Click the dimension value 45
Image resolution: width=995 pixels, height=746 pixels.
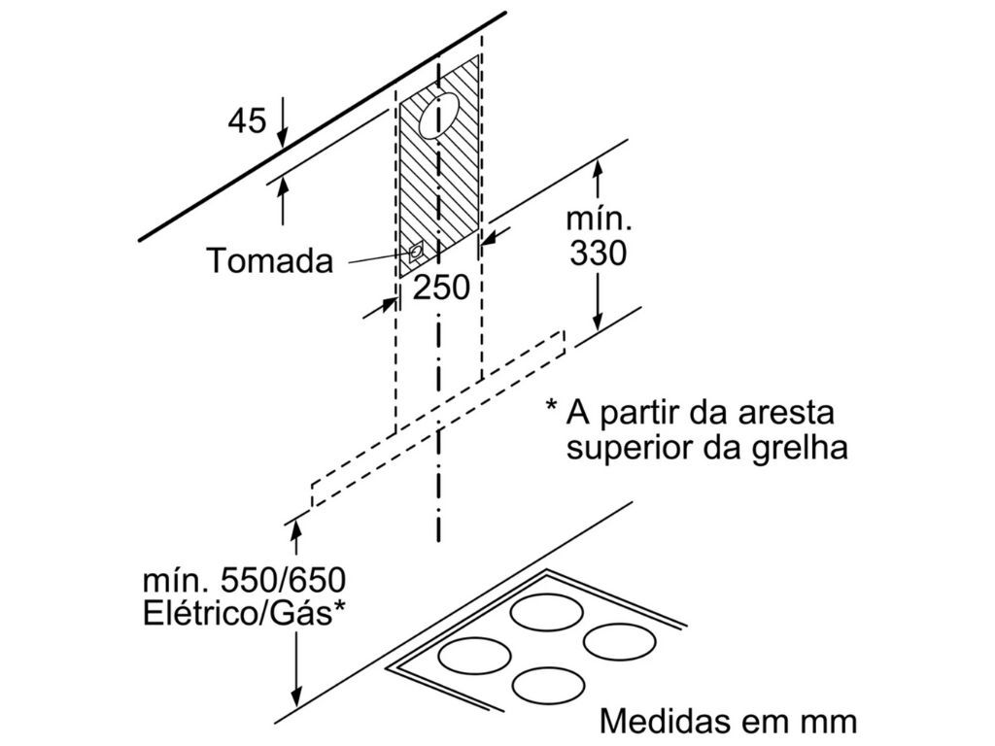pyautogui.click(x=247, y=121)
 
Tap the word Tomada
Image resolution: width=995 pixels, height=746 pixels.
pyautogui.click(x=268, y=260)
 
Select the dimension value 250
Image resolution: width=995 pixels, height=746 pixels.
pyautogui.click(x=442, y=288)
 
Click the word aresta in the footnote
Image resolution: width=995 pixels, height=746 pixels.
pyautogui.click(x=789, y=413)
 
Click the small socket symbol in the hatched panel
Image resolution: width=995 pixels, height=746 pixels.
pyautogui.click(x=417, y=252)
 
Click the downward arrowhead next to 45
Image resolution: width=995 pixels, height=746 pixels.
pyautogui.click(x=282, y=139)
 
